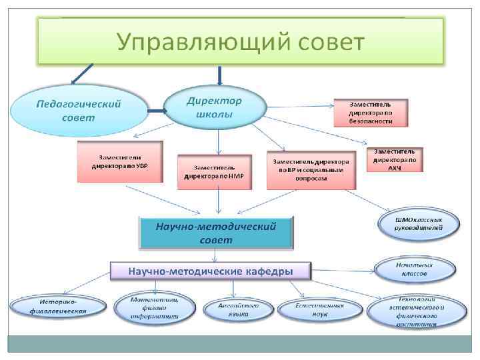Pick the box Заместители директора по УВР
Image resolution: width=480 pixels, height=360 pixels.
[x=120, y=161]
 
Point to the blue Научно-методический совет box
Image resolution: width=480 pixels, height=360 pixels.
[x=217, y=233]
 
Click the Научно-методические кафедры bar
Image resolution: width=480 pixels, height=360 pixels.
[x=211, y=271]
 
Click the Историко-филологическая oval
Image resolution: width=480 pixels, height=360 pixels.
[x=58, y=307]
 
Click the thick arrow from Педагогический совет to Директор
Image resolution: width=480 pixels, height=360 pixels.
[x=157, y=111]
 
